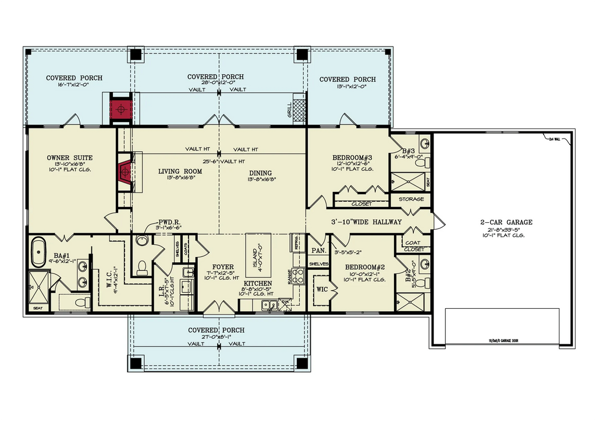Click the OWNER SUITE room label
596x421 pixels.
click(x=69, y=158)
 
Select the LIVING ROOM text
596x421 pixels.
click(x=180, y=172)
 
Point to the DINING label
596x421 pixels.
click(x=260, y=173)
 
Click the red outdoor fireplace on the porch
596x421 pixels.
click(x=121, y=109)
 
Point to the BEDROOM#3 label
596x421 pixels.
click(x=352, y=158)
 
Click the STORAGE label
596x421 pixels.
click(x=411, y=199)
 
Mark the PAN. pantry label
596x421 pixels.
click(x=318, y=251)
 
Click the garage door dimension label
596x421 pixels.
click(x=502, y=341)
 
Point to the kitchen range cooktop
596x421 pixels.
click(x=299, y=275)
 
